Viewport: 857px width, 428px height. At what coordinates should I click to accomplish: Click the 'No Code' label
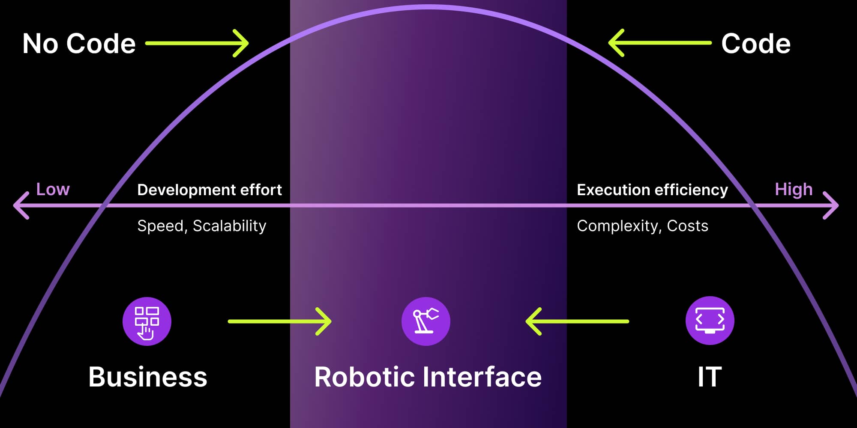79,44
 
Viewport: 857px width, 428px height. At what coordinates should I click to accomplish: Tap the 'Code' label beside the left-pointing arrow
755,44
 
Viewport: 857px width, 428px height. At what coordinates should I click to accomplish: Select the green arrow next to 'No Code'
197,43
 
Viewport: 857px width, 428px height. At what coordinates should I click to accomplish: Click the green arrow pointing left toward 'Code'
659,43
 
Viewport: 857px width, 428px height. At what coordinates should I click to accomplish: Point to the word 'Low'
53,189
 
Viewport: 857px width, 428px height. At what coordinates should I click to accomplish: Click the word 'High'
794,189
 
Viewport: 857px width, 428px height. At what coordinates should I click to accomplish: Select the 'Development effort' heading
210,190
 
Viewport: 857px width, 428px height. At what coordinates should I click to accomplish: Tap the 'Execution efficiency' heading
652,190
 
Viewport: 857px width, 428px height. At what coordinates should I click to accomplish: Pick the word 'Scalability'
230,226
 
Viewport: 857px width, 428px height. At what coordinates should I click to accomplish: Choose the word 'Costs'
687,226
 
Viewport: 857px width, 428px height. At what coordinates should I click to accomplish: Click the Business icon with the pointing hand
147,321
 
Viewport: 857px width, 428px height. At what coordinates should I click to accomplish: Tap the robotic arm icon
426,321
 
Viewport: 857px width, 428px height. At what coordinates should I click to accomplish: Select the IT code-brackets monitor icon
710,321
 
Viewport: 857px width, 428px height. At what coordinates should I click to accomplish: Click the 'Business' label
148,377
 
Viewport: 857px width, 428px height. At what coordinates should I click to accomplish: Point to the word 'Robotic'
363,377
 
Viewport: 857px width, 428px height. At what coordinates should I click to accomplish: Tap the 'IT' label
710,377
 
